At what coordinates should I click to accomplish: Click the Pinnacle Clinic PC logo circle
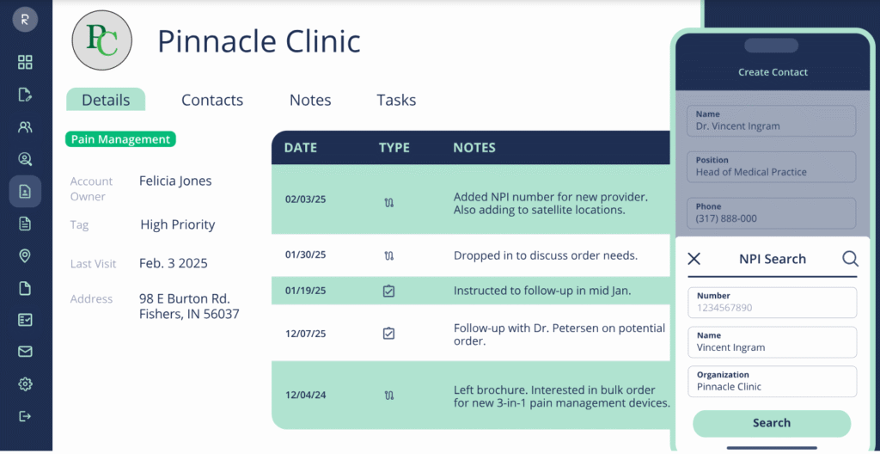click(x=101, y=40)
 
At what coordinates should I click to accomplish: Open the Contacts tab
click(x=212, y=100)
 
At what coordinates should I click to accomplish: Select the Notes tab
click(x=310, y=100)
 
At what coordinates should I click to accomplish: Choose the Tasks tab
click(x=396, y=100)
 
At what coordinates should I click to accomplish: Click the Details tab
click(x=106, y=100)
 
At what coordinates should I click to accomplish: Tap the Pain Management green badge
click(x=120, y=139)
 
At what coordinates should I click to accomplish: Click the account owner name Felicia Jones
click(x=175, y=181)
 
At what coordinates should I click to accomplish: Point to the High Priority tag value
click(x=177, y=224)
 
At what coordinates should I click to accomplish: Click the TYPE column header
click(x=394, y=148)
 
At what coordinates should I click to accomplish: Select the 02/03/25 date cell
click(x=306, y=199)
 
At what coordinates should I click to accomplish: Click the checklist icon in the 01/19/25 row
click(x=388, y=291)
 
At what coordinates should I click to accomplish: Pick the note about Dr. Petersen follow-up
click(x=559, y=334)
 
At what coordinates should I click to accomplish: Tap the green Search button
click(x=771, y=423)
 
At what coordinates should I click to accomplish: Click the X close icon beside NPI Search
click(x=694, y=259)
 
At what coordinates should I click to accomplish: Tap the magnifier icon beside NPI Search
click(x=849, y=259)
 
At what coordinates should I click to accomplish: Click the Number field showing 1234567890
click(x=772, y=303)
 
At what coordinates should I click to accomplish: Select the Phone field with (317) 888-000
click(x=772, y=213)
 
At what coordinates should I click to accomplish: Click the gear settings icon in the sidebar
click(x=25, y=383)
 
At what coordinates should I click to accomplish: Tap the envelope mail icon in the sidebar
click(x=25, y=352)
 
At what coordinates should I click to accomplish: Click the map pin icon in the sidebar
click(x=25, y=255)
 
